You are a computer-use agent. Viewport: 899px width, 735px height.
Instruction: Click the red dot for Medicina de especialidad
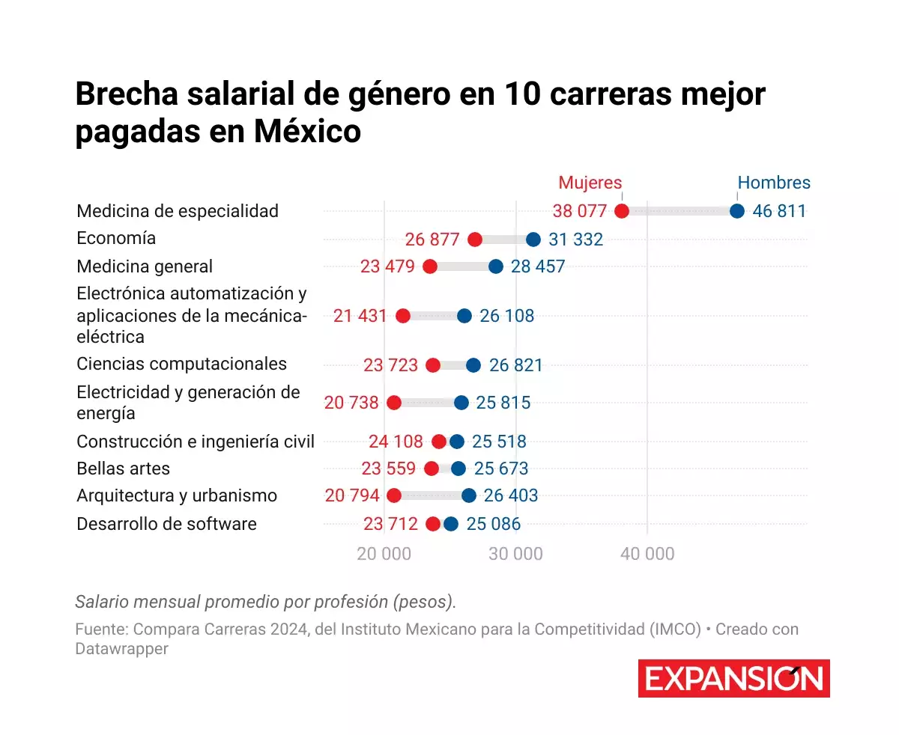pos(621,211)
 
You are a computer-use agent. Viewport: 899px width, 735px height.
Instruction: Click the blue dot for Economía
pos(533,240)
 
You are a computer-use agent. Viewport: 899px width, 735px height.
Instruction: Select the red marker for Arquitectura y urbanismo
pos(394,495)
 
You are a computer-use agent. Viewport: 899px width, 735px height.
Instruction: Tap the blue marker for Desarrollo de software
pos(450,524)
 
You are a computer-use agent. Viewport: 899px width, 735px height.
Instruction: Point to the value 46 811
pos(779,211)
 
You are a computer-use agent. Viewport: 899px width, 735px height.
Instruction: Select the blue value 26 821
pos(516,365)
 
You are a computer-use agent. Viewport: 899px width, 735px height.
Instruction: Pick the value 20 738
pos(351,403)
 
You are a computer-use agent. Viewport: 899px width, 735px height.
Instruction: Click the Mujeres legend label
pos(590,183)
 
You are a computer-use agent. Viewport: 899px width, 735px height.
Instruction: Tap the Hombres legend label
pos(774,183)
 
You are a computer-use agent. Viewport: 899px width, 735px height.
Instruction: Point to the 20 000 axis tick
pos(384,555)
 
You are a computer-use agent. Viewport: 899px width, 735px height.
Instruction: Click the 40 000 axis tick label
pos(647,555)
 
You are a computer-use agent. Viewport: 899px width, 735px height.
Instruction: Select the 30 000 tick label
pos(516,555)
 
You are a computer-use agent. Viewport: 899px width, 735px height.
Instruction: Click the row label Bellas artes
pos(124,469)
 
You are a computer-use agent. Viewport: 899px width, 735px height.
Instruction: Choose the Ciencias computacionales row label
pos(182,364)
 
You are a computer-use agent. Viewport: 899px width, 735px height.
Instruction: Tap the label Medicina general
pos(145,266)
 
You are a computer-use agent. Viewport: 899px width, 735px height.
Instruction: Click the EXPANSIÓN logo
pos(733,679)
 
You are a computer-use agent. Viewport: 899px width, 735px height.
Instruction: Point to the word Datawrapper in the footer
pos(121,649)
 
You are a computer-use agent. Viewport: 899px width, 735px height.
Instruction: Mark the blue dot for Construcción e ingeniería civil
pos(457,442)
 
